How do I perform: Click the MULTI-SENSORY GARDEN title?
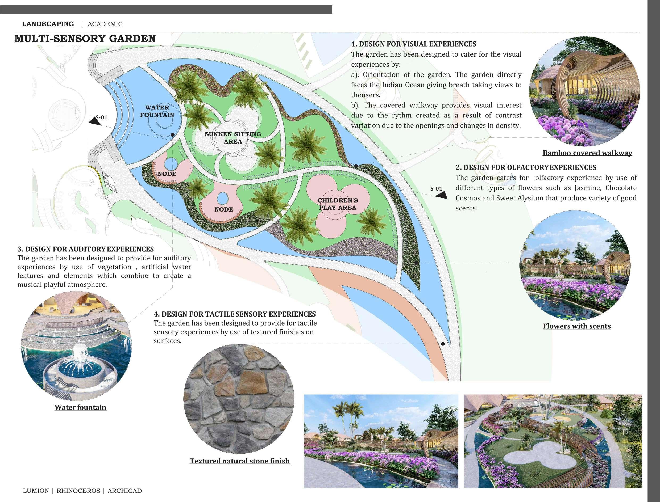coord(85,39)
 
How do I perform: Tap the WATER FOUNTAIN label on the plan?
coord(157,111)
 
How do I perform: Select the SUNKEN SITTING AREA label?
coord(233,138)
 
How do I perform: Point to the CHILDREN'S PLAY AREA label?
coord(338,204)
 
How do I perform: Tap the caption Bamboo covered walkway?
coord(587,153)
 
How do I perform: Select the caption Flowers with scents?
coord(576,326)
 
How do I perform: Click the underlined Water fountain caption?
coord(80,407)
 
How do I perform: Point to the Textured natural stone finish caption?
coord(239,461)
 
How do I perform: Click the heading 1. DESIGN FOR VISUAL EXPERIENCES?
coord(414,44)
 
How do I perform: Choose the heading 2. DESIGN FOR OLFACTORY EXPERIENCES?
coord(526,167)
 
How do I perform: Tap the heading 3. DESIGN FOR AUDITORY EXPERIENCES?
coord(86,249)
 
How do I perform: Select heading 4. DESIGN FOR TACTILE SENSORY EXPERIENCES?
coord(234,314)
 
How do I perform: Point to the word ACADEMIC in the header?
coord(105,24)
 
